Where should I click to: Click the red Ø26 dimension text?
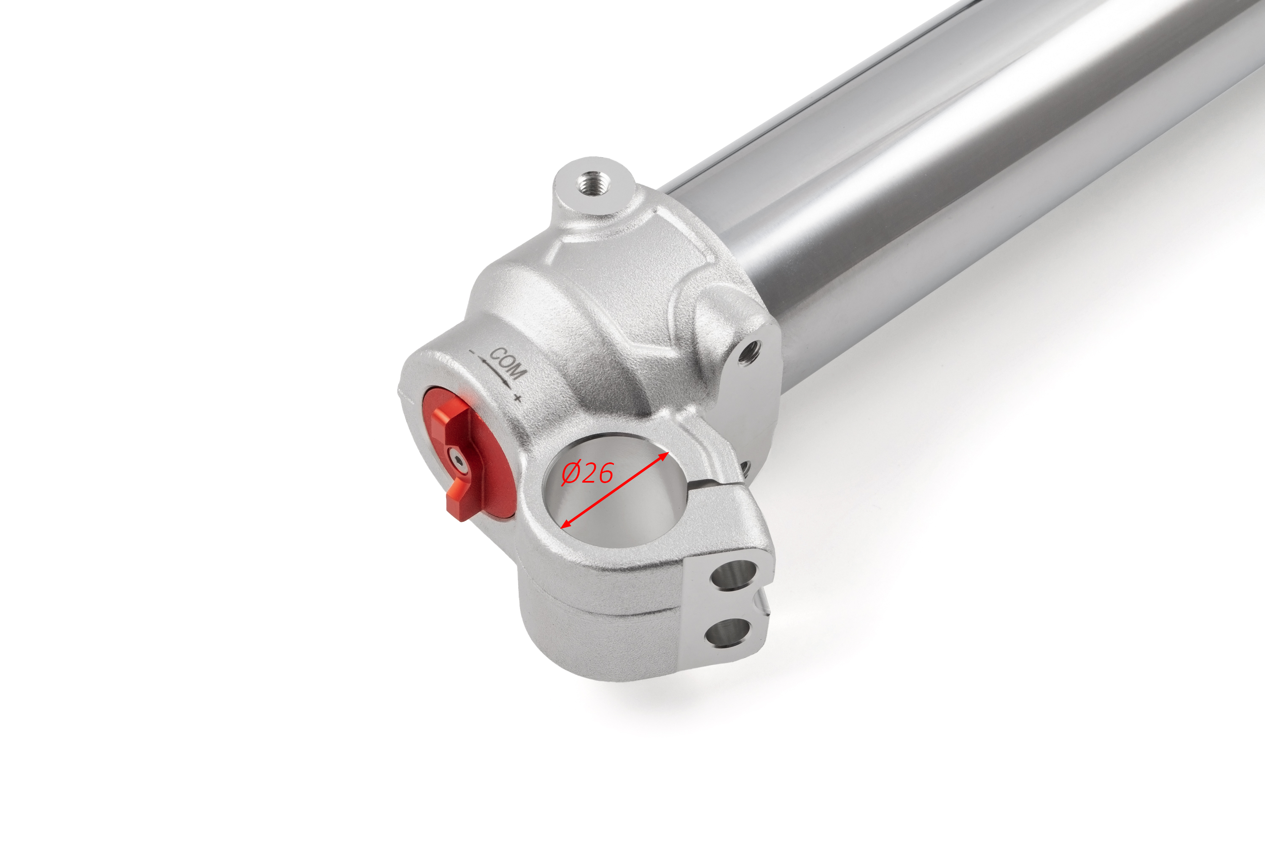(587, 473)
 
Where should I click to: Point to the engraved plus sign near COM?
(517, 398)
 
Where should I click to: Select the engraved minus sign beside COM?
(472, 352)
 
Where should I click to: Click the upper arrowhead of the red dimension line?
(664, 456)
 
